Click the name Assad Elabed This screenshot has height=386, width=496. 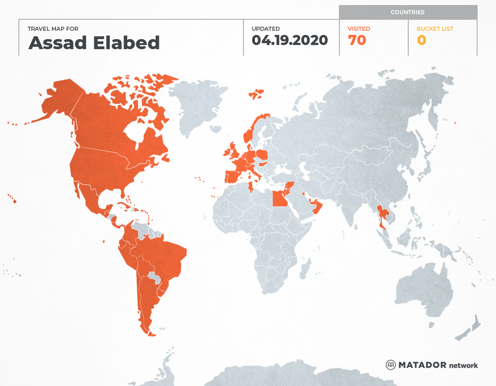[x=94, y=43]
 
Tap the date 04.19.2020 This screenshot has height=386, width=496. [x=289, y=40]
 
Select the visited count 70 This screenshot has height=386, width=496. [x=357, y=40]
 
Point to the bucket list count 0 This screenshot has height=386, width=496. [x=421, y=40]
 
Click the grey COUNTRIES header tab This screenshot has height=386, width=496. [x=407, y=12]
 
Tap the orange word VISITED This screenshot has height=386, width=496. [x=359, y=28]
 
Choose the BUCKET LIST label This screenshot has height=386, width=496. [x=434, y=28]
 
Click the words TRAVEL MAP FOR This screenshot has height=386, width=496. [x=53, y=28]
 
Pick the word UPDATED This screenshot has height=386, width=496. [x=265, y=28]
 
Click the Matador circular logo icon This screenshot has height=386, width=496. [x=390, y=365]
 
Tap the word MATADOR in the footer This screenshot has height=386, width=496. [x=422, y=365]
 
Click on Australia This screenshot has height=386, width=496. [x=423, y=289]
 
